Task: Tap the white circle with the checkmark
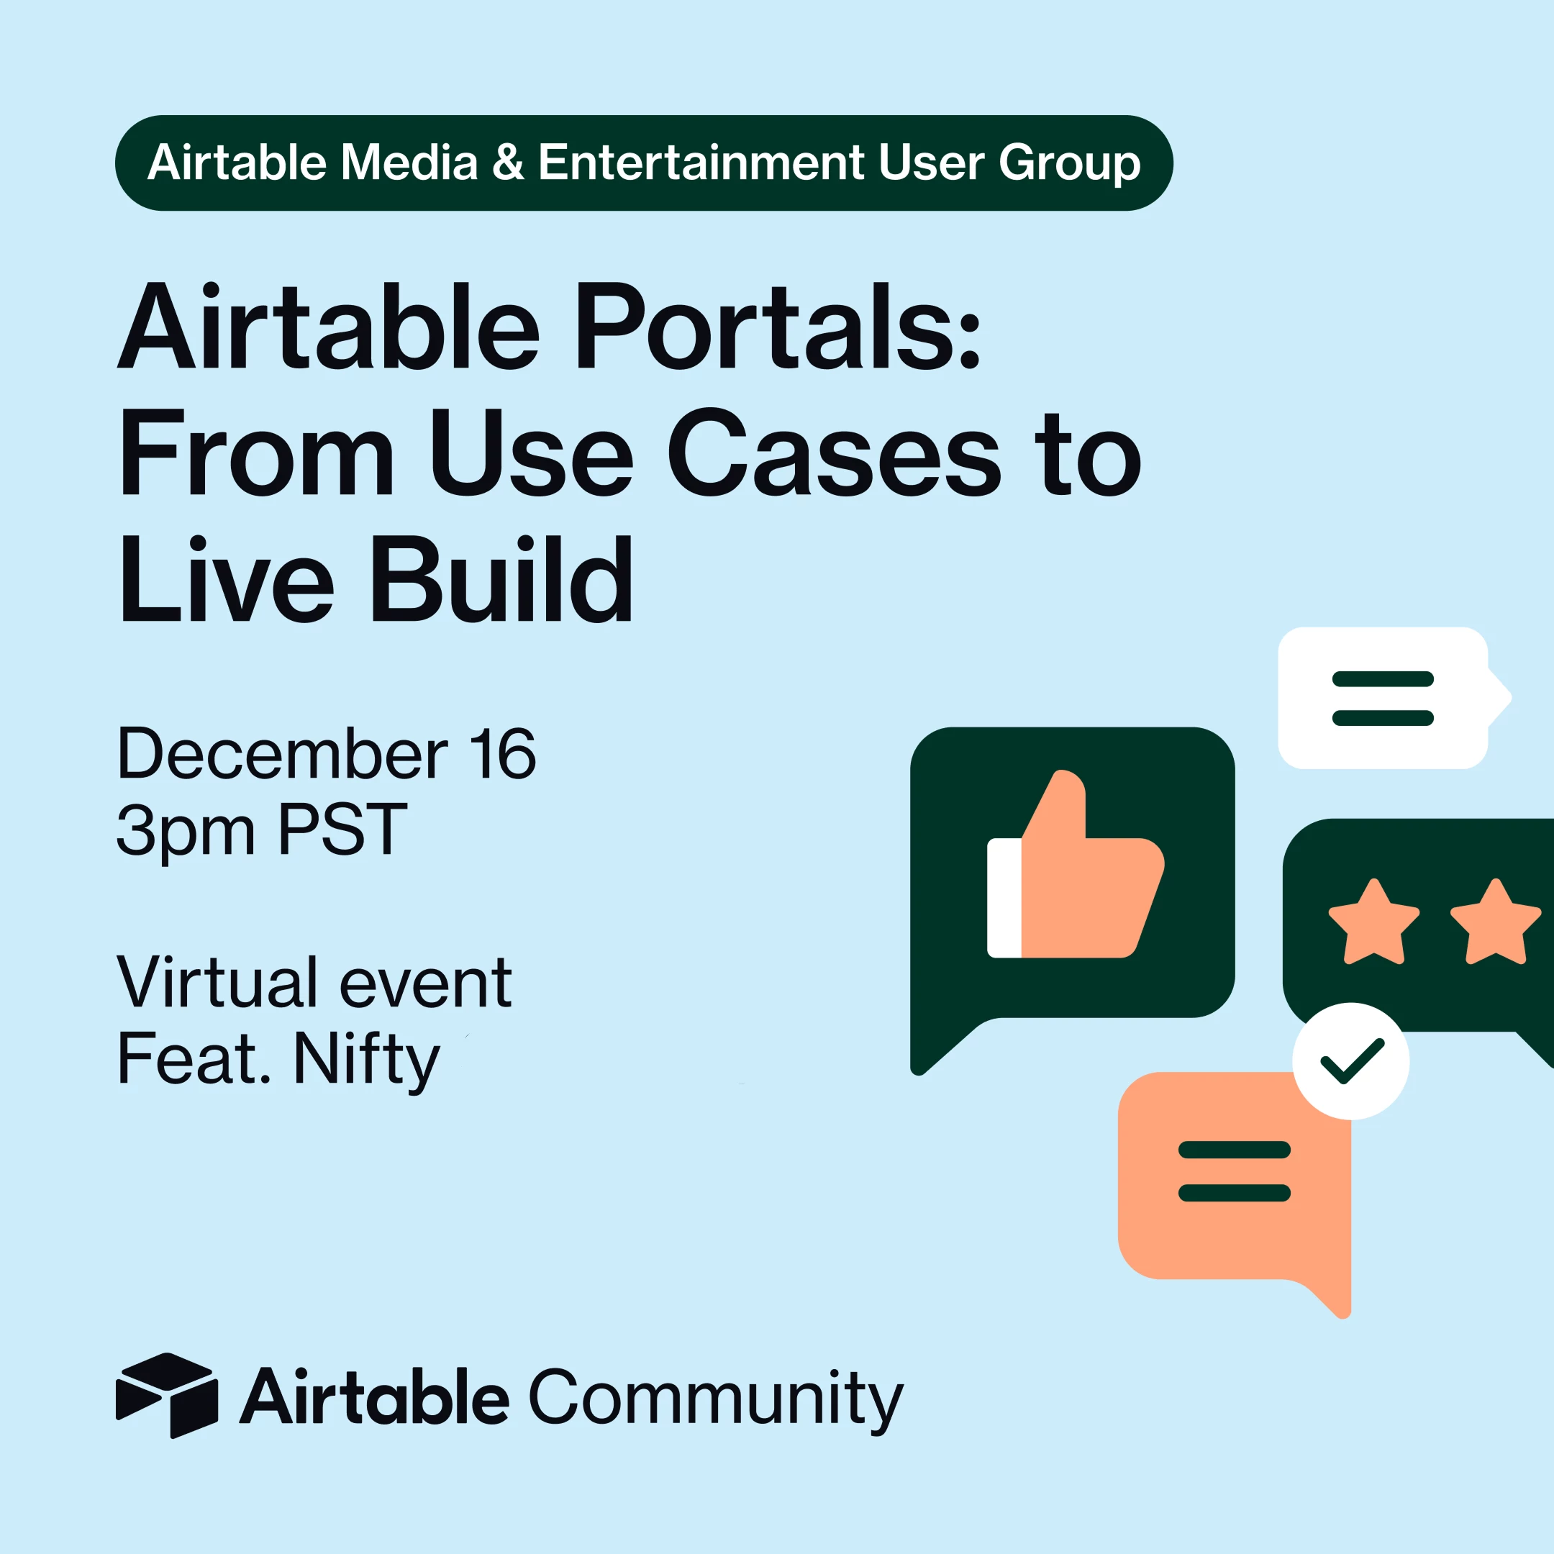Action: coord(1351,1061)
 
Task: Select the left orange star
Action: coord(1374,922)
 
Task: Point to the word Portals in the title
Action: coord(778,326)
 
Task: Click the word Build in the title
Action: coord(500,579)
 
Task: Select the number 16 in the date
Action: coord(504,754)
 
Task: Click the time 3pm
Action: coord(186,831)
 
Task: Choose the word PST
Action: coord(342,830)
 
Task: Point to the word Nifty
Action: coord(367,1059)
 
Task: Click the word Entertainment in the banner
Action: coord(701,163)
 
